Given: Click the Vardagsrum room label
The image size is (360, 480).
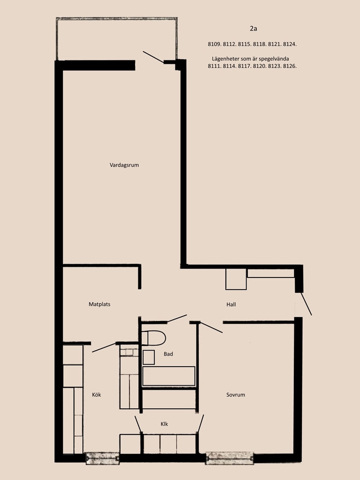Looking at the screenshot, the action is (124, 165).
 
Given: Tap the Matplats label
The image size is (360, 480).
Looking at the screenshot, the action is (99, 304).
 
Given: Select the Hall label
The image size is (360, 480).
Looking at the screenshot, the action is (231, 305).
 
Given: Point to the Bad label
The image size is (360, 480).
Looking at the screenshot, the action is (168, 354).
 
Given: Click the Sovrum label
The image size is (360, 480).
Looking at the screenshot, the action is (236, 395).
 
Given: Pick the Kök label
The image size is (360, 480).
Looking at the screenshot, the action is (97, 395).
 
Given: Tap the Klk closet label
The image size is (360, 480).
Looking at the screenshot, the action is (165, 424).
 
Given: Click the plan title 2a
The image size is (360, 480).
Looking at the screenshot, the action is (254, 29).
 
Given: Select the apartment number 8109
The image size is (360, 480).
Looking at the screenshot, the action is (214, 44).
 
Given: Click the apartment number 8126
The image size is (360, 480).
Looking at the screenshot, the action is (290, 66).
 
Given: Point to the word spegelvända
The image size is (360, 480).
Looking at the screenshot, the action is (274, 59).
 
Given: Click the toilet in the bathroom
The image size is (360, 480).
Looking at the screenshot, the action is (154, 338).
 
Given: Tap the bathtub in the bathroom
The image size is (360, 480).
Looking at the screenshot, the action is (169, 376).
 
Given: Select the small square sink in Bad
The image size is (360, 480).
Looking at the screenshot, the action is (149, 357).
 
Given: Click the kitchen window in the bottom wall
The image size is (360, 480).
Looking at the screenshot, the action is (102, 458).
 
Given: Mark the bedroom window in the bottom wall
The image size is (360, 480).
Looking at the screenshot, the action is (230, 458).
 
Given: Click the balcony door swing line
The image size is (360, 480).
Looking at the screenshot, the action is (153, 57).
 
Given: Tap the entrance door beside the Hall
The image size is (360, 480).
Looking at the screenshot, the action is (306, 304).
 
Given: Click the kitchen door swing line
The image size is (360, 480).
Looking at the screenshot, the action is (104, 347).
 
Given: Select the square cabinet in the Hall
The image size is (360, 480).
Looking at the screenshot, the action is (236, 279).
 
